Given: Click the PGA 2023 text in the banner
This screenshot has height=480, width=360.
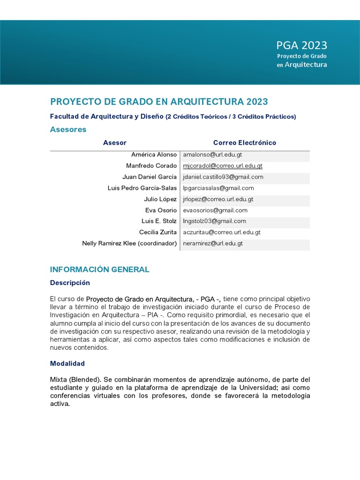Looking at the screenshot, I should [301, 45].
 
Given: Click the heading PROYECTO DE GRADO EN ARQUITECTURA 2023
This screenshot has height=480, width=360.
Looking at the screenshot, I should [159, 102].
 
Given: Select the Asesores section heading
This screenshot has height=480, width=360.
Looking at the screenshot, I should [68, 129].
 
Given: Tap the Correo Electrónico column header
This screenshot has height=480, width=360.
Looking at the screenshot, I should [244, 142].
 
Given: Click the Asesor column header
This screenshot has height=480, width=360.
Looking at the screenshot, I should [114, 142].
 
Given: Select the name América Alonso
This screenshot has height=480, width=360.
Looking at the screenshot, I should [154, 154].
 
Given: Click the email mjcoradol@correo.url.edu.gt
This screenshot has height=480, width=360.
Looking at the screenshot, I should [223, 165].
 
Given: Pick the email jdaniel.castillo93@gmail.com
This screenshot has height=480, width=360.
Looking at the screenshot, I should [223, 177].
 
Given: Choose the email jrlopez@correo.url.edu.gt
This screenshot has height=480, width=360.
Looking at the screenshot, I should [218, 199].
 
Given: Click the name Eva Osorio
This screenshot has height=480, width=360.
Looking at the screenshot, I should [161, 210].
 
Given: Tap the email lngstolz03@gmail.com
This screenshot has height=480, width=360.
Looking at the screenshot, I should [214, 221].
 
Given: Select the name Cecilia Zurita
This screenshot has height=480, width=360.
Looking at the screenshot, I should [158, 232].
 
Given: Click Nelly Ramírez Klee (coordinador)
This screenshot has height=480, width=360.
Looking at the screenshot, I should [129, 243].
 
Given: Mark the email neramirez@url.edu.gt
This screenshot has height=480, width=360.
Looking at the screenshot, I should [213, 243].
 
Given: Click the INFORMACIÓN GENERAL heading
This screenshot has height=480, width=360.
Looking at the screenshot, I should [99, 270].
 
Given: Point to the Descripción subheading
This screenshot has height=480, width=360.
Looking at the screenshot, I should [70, 283].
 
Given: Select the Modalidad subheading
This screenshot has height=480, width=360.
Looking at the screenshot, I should [67, 364].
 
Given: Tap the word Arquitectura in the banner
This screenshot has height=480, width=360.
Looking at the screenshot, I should [306, 65].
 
